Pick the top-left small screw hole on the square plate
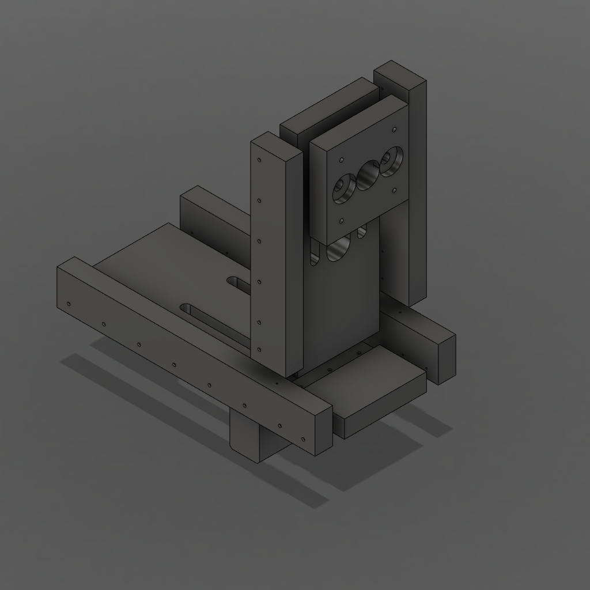342,159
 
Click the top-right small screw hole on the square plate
394,130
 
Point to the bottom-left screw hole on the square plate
342,220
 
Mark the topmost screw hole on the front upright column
260,160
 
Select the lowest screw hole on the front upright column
260,349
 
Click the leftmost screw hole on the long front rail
69,304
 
